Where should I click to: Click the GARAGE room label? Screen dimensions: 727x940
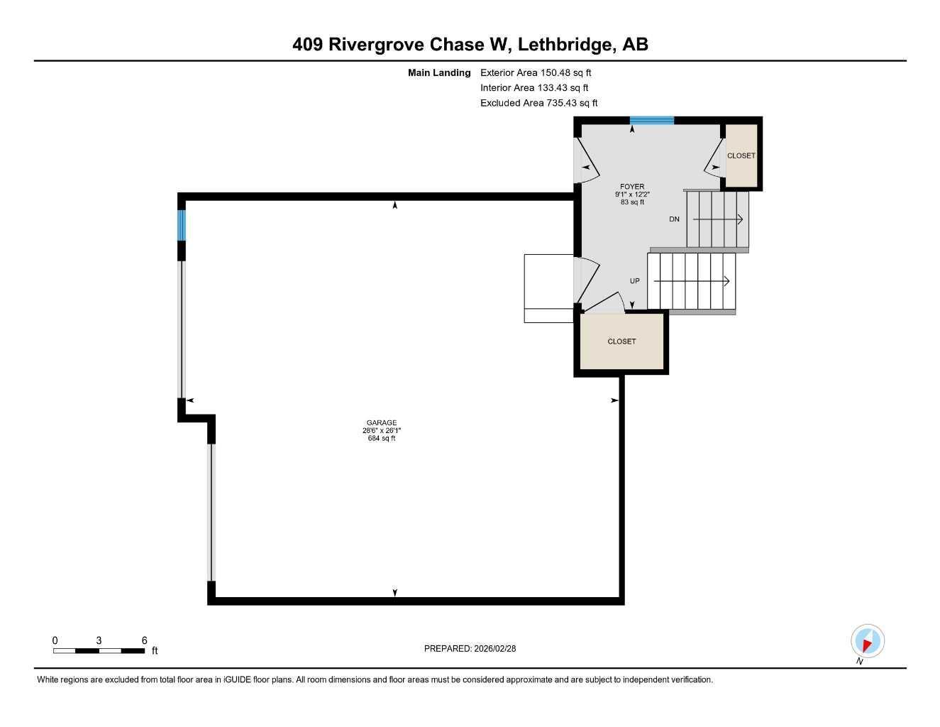[x=381, y=422]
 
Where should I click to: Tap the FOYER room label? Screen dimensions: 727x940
[x=632, y=187]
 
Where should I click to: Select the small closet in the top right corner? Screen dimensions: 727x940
[x=741, y=156]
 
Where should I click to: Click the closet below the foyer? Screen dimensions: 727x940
[x=622, y=341]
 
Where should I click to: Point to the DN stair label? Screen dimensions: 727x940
[x=674, y=219]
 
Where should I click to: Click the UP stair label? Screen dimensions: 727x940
[x=635, y=281]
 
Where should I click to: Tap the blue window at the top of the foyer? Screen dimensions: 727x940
[x=651, y=120]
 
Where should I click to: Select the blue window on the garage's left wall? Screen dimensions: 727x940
[x=182, y=225]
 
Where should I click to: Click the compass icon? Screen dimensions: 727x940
[x=867, y=641]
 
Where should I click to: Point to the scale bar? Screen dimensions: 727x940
[x=99, y=650]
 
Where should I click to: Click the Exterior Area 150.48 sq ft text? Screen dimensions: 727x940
[x=536, y=72]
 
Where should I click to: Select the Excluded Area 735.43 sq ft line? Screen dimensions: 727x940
[x=539, y=103]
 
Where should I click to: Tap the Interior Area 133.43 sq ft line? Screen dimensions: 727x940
[x=534, y=88]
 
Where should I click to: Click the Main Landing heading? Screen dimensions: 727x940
[x=439, y=72]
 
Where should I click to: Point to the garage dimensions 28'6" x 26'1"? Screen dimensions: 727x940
[x=381, y=431]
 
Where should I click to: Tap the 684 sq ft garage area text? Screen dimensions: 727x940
[x=381, y=439]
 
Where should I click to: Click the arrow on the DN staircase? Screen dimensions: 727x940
[x=717, y=220]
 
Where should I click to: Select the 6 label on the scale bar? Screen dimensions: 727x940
[x=144, y=640]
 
